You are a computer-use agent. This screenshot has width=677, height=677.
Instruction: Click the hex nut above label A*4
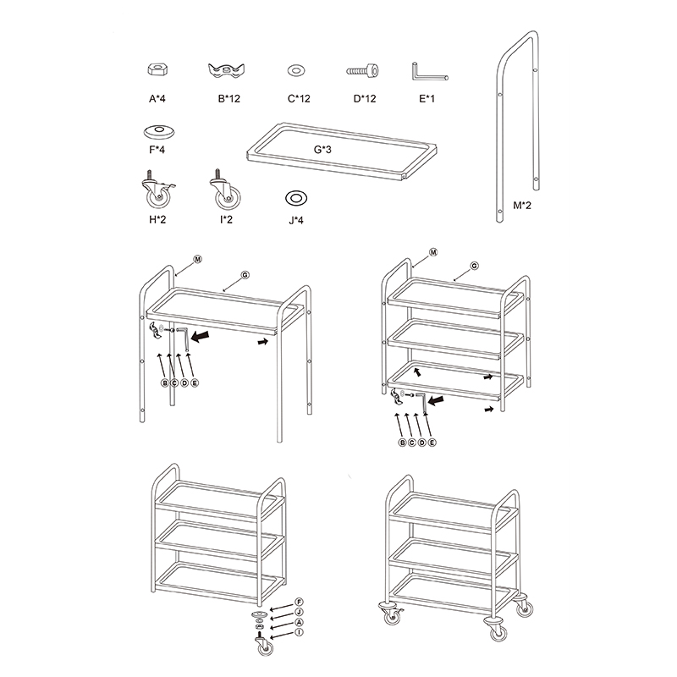[x=157, y=69]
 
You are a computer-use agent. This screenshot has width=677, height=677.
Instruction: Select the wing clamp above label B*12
[x=226, y=71]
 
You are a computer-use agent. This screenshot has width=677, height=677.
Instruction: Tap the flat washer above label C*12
[x=296, y=70]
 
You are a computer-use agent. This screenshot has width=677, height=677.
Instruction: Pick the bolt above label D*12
[x=363, y=70]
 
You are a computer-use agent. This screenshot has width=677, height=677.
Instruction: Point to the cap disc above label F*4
[x=158, y=132]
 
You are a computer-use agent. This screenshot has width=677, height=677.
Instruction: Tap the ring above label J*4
[x=296, y=198]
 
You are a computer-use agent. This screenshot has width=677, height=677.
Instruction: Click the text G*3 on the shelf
[x=322, y=150]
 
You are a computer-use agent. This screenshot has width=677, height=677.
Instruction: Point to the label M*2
[x=522, y=206]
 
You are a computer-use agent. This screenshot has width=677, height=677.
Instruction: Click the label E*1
[x=427, y=99]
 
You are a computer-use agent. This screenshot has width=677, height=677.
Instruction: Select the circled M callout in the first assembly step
[x=197, y=260]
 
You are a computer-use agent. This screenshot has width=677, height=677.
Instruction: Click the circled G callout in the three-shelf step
[x=474, y=266]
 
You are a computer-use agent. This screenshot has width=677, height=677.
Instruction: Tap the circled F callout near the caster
[x=299, y=603]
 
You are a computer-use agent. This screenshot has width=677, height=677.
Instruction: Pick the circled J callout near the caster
[x=299, y=612]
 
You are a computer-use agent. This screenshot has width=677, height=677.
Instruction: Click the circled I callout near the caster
[x=299, y=632]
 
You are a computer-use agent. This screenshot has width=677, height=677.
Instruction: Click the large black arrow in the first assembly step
[x=200, y=335]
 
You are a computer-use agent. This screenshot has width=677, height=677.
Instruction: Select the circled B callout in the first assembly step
[x=164, y=383]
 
